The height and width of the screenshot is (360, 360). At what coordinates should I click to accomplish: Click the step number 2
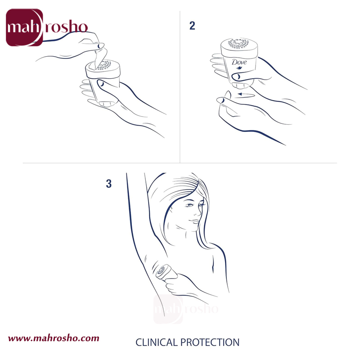point(193,26)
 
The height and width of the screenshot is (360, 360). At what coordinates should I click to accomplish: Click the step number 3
point(108,184)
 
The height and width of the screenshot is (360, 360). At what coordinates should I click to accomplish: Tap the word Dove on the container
point(239,62)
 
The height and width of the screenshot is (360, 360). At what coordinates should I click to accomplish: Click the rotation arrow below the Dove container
point(246,94)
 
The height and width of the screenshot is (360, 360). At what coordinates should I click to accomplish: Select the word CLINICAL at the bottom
point(156,342)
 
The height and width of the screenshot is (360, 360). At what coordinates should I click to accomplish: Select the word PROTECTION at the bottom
point(210,342)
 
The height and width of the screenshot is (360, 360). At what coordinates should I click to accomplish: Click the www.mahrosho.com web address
point(54,338)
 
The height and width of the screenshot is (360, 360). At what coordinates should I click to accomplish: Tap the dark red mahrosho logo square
point(24,27)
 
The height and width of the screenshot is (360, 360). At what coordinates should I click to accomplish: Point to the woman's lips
point(195,221)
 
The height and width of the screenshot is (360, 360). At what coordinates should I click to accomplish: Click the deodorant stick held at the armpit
point(165,273)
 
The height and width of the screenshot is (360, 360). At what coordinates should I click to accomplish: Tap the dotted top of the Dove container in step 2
point(238,43)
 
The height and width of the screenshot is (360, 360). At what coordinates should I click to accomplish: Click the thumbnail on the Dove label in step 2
point(237,76)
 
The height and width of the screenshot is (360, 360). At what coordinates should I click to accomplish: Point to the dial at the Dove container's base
point(240,85)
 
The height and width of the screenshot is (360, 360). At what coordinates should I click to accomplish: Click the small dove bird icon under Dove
point(239,68)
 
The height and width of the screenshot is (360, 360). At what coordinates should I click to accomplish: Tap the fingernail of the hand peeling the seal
point(100,46)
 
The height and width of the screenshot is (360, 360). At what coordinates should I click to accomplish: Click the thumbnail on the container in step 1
point(101,84)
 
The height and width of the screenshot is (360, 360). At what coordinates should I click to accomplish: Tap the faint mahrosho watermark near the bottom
point(185,309)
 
